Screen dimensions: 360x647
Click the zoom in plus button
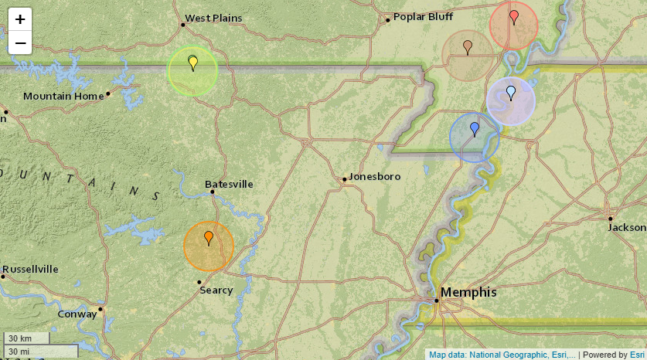[x=20, y=19]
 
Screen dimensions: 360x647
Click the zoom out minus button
[x=20, y=42]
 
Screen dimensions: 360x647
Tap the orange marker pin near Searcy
[x=209, y=238]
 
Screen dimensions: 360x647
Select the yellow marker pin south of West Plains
[x=193, y=63]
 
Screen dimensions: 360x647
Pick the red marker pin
[x=514, y=17]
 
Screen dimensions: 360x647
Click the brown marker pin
[x=468, y=47]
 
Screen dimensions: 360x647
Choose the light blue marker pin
[x=511, y=93]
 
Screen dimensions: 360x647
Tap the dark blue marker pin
[x=475, y=129]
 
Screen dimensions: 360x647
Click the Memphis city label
[x=468, y=292]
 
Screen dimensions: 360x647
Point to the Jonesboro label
[x=375, y=177]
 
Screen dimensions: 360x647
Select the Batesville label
[x=229, y=185]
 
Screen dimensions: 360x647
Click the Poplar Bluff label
[x=423, y=17]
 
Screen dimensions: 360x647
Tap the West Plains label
[x=213, y=18]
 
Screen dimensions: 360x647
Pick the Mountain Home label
[x=63, y=97]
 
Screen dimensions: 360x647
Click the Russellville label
[x=31, y=270]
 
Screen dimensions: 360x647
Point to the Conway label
[x=77, y=314]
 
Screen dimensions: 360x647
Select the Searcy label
[x=216, y=290]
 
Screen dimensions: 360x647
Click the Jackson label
[x=627, y=228]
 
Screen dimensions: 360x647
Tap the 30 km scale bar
[x=26, y=338]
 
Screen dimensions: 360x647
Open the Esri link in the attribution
[x=637, y=355]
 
